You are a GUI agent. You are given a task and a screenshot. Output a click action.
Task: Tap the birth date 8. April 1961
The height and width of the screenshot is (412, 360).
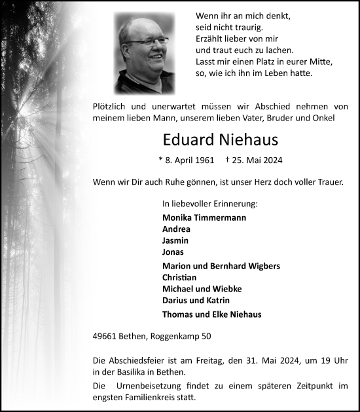point(187,160)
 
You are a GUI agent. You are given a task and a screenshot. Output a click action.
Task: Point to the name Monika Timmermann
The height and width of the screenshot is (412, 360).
point(205,217)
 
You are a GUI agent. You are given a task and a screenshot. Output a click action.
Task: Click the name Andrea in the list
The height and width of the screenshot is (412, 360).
point(176,229)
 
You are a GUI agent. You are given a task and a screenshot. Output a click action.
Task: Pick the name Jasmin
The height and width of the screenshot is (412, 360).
point(175,240)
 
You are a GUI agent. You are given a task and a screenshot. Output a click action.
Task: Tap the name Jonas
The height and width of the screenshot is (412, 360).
point(173,252)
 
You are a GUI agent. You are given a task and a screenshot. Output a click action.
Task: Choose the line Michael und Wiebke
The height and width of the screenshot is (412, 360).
point(196,288)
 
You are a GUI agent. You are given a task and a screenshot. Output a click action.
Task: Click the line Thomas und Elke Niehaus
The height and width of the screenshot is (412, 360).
point(211,314)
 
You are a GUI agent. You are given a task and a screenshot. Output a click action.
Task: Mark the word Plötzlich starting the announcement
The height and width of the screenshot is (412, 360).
point(114,105)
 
